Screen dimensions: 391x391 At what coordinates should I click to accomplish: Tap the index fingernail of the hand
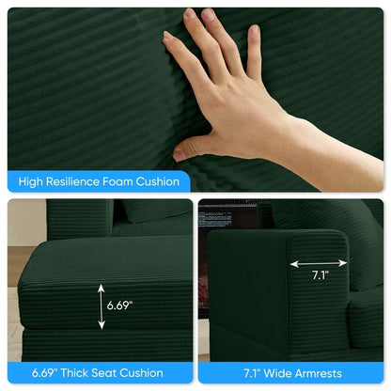point(168,35)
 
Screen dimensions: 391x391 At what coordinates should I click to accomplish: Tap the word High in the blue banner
point(30,182)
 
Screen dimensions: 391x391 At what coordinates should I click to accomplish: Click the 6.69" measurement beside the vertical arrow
point(119,305)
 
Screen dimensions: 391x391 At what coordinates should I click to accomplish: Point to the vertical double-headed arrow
point(102,306)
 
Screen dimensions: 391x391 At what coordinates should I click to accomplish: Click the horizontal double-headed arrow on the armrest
point(319,263)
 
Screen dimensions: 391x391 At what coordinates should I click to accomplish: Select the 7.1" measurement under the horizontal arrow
point(321,275)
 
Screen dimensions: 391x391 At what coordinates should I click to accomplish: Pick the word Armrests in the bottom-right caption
point(318,373)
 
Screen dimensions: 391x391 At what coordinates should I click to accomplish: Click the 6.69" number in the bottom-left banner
point(44,372)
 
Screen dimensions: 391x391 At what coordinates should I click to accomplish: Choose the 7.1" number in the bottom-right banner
point(252,373)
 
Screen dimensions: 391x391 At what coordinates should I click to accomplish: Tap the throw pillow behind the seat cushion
point(156,210)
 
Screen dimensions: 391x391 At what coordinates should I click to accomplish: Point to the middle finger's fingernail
point(190,14)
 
